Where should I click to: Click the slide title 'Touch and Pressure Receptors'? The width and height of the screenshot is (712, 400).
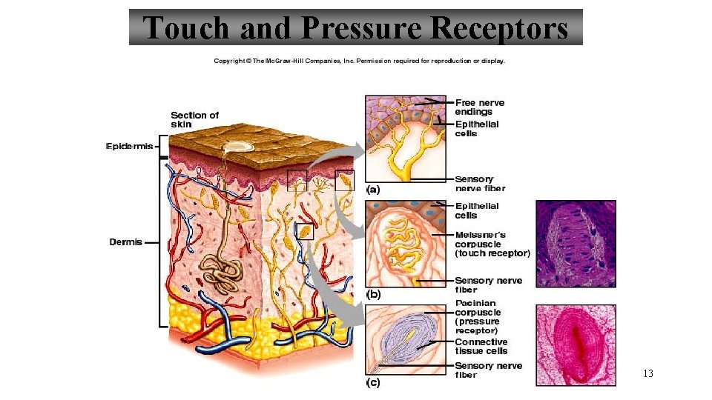point(355,27)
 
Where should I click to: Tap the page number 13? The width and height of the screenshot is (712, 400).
point(648,373)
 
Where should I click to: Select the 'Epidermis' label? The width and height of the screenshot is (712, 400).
point(130,147)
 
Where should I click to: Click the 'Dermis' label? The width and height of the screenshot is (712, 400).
point(125,242)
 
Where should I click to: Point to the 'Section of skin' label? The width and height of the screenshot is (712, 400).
point(194,119)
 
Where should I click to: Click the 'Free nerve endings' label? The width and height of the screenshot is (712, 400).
point(479,107)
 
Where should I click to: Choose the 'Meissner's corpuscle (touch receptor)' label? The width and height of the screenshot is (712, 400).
point(492,244)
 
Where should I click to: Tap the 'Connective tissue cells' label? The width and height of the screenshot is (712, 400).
point(481,346)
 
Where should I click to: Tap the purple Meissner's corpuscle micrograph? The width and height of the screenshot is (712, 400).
point(576,243)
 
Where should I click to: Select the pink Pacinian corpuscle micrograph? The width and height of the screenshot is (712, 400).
point(576,344)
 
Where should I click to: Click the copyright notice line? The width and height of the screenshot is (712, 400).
point(360,61)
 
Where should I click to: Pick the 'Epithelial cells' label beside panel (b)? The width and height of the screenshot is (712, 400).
point(477,210)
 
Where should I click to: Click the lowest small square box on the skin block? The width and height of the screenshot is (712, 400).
point(305,232)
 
